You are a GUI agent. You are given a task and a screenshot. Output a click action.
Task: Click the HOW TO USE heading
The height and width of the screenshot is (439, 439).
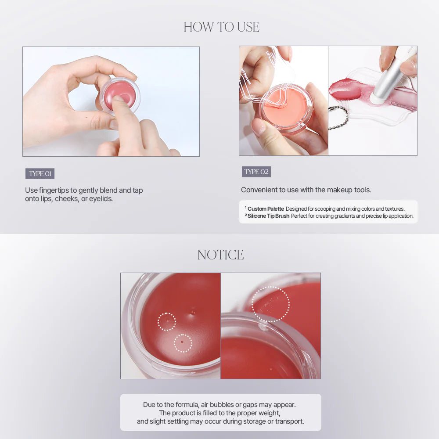221,27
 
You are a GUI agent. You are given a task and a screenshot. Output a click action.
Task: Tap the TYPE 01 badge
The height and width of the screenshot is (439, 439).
40,174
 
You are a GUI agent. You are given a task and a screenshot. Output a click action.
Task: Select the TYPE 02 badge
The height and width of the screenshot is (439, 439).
256,172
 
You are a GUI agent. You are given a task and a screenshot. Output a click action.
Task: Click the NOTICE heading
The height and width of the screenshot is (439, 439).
220,255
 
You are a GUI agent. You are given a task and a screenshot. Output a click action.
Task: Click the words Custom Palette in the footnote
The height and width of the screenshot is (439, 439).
266,209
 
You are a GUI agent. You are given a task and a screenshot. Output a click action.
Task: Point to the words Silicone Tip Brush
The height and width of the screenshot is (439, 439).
268,216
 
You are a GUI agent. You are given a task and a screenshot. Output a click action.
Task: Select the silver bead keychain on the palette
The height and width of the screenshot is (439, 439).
338,116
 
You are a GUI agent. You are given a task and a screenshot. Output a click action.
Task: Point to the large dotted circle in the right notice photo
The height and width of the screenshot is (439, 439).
271,304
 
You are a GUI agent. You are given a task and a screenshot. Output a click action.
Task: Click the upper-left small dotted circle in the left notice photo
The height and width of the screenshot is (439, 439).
166,322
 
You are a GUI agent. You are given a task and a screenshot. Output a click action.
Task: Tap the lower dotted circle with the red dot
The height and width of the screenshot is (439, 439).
183,343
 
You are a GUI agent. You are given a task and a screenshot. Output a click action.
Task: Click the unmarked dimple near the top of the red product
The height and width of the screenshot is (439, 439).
192,312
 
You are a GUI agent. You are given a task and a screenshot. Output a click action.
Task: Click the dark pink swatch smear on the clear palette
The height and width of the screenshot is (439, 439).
345,90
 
